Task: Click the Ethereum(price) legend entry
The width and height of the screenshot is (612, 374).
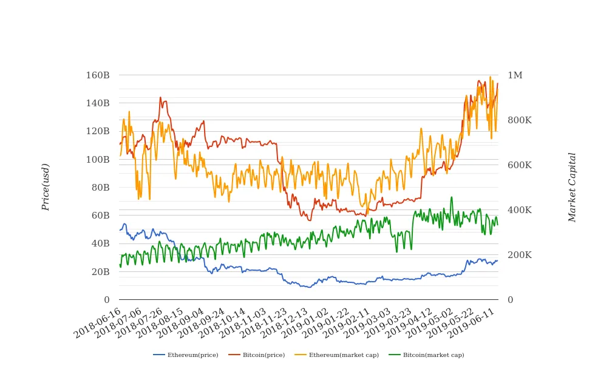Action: pos(183,355)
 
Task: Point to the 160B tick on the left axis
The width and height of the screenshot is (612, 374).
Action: pos(98,75)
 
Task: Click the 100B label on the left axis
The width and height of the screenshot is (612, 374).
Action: pos(98,160)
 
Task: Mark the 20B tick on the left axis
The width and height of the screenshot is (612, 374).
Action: pos(100,271)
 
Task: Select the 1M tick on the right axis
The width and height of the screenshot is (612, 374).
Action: pos(515,75)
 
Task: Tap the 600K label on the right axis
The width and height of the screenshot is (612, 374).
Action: pos(520,165)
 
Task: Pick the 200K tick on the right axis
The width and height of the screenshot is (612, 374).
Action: pos(520,255)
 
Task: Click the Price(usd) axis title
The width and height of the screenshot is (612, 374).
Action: pos(46,187)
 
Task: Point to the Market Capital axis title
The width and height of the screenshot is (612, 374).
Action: pos(572,187)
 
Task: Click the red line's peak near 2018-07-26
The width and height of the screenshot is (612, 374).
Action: pos(160,97)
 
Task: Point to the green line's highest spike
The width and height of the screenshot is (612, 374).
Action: pos(451,197)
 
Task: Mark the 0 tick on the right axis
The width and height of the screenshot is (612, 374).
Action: pos(510,300)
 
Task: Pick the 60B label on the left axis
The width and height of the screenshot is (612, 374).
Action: pos(100,216)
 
